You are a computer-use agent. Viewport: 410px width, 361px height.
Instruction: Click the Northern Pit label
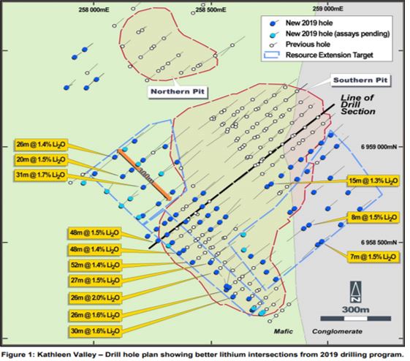pos(178,92)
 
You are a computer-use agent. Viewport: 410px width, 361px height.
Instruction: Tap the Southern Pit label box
pos(360,80)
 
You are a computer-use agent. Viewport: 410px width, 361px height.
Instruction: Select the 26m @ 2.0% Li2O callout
pos(95,297)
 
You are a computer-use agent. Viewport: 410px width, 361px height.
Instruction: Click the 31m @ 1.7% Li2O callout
pos(40,175)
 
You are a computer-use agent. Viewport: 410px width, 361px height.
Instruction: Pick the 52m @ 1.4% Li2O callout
pos(95,265)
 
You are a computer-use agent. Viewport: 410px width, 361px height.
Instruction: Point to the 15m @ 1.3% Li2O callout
pos(373,180)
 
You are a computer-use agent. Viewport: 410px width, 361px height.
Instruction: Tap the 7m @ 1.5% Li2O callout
pos(373,257)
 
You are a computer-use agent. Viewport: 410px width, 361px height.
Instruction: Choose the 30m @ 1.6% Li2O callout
pos(95,331)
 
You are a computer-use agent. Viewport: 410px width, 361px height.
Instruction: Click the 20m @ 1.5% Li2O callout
pos(40,159)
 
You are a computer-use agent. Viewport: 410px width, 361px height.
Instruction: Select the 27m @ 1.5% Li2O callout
pos(95,281)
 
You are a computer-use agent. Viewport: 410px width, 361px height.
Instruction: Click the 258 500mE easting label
pos(210,9)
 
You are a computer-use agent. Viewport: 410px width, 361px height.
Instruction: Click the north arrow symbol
pos(356,292)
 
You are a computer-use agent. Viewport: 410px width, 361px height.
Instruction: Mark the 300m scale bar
pos(356,319)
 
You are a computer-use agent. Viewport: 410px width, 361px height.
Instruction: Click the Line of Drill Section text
pos(357,104)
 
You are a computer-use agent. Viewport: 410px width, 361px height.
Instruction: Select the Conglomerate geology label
pos(337,332)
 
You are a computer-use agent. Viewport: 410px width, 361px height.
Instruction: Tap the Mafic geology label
pos(283,332)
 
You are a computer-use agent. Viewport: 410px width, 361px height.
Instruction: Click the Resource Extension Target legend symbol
pos(272,55)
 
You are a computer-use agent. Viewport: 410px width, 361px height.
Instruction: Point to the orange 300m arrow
pos(144,175)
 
